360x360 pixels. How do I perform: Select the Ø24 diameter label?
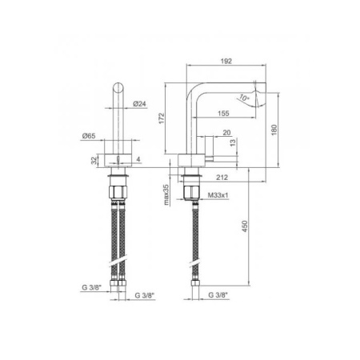[x=138, y=103]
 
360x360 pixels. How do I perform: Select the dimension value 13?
[x=232, y=144]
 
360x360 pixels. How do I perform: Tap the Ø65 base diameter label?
[x=89, y=138]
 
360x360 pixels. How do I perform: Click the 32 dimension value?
[x=94, y=161]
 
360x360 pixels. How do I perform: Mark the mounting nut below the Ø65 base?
[x=118, y=192]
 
